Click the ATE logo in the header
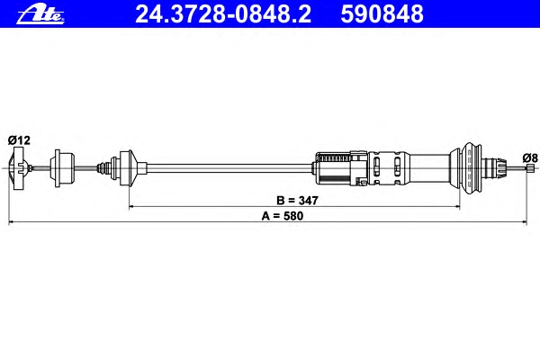click(x=40, y=14)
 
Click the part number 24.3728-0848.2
click(x=223, y=14)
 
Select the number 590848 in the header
click(x=382, y=14)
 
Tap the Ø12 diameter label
click(x=19, y=140)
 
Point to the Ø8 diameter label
click(x=530, y=158)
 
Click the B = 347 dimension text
click(x=297, y=200)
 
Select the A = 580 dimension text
click(x=283, y=216)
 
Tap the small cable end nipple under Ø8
click(x=530, y=167)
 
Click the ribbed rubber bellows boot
click(x=471, y=168)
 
